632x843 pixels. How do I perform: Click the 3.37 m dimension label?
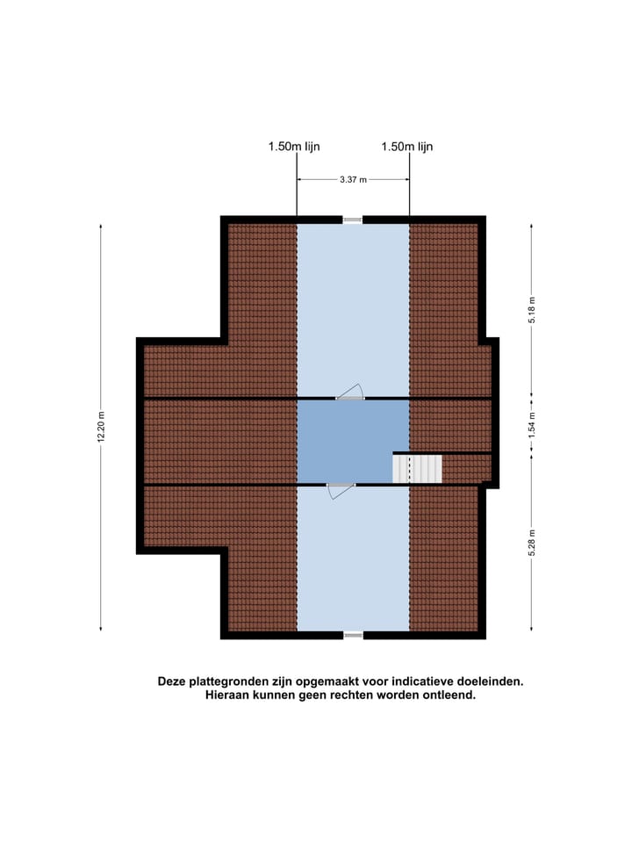point(353,179)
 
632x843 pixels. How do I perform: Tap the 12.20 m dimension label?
point(102,428)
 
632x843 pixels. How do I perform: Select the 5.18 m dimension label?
point(531,310)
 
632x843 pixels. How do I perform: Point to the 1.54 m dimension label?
point(531,425)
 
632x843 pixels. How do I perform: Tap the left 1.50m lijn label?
point(294,148)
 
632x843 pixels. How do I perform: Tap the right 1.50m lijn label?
point(407,148)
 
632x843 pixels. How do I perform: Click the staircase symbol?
point(418,468)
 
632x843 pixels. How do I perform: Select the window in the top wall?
point(352,220)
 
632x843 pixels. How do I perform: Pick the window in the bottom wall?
point(352,634)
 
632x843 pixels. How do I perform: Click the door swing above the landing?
point(351,392)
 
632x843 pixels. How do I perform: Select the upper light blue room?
point(353,307)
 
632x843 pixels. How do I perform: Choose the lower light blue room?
point(353,562)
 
